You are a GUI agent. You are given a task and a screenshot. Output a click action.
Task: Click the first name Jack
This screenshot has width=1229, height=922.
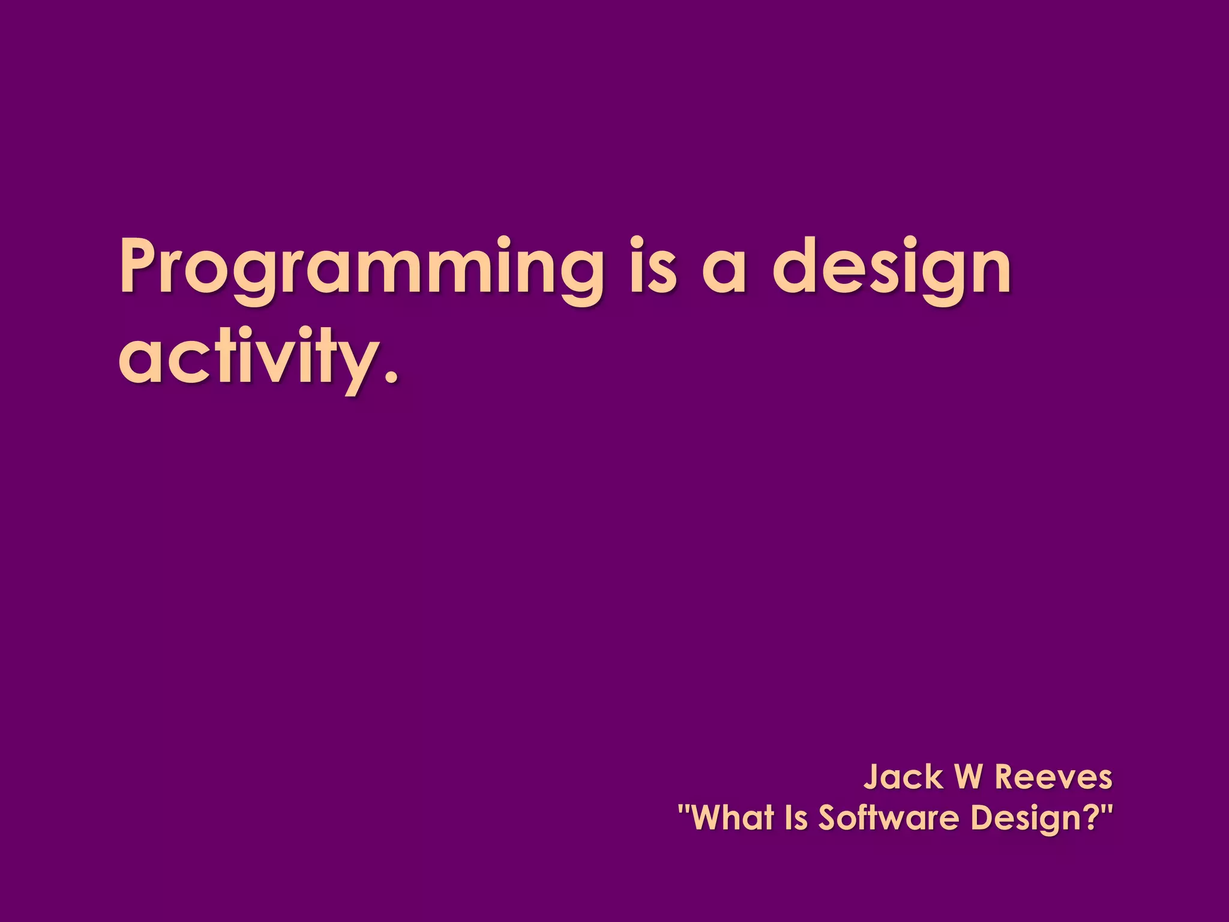point(903,777)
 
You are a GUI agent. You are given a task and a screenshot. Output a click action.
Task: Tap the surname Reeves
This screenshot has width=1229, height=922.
point(1053,777)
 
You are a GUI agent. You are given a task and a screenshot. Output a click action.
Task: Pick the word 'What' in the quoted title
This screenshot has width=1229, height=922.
point(733,818)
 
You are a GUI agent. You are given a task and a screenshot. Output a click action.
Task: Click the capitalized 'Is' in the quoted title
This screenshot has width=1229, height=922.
point(796,818)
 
